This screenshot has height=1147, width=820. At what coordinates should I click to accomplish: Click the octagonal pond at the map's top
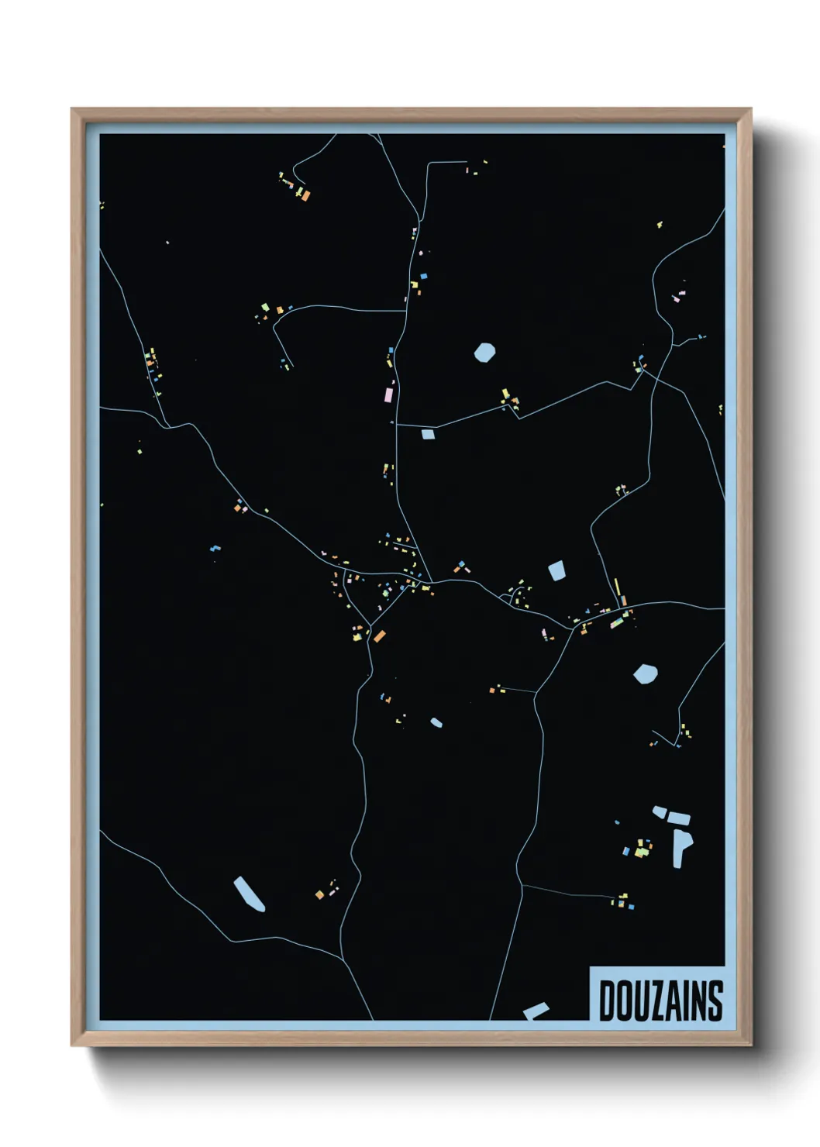[x=484, y=353]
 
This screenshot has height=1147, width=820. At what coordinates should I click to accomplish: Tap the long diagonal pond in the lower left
[x=249, y=894]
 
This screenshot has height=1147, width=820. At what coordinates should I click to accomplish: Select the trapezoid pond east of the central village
[x=556, y=571]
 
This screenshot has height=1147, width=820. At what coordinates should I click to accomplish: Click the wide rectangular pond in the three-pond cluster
[x=678, y=818]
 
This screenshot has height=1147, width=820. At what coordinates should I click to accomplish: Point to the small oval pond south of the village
[x=436, y=722]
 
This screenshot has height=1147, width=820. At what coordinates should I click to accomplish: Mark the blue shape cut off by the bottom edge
[x=536, y=1011]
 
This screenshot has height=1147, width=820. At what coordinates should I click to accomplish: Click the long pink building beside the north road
[x=388, y=394]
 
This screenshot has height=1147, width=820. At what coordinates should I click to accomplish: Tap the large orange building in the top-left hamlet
[x=305, y=195]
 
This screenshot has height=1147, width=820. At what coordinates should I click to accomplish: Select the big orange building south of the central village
[x=379, y=636]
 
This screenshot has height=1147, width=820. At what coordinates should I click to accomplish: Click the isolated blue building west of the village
[x=215, y=548]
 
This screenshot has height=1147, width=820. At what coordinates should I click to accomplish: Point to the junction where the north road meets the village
[x=431, y=581]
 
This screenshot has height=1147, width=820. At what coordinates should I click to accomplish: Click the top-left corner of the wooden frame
[x=72, y=109]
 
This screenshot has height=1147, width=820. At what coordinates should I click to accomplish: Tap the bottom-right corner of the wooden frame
[x=750, y=1045]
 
